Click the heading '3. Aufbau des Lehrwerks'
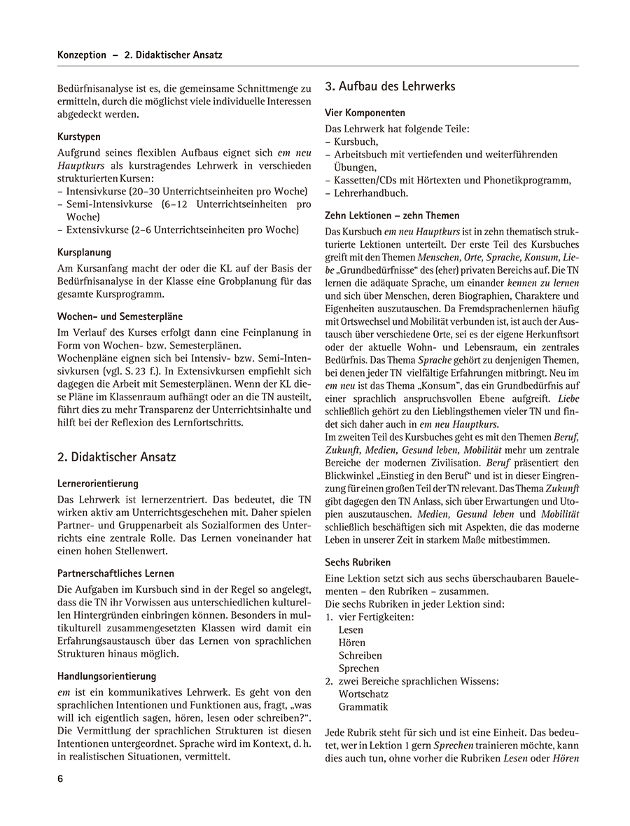(x=390, y=87)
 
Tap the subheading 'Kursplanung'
(x=84, y=252)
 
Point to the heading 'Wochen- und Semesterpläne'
(x=115, y=316)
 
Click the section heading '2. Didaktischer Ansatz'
(x=117, y=457)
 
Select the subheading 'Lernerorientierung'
(x=98, y=484)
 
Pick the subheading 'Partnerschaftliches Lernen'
(x=116, y=573)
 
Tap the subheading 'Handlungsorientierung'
(x=106, y=676)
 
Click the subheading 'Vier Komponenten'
(x=365, y=113)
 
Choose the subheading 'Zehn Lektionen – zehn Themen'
(x=392, y=216)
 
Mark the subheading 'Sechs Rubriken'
(x=358, y=562)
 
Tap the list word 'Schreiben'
(x=360, y=656)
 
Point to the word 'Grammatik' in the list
(x=363, y=707)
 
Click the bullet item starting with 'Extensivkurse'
(x=182, y=230)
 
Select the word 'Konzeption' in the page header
(x=82, y=55)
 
